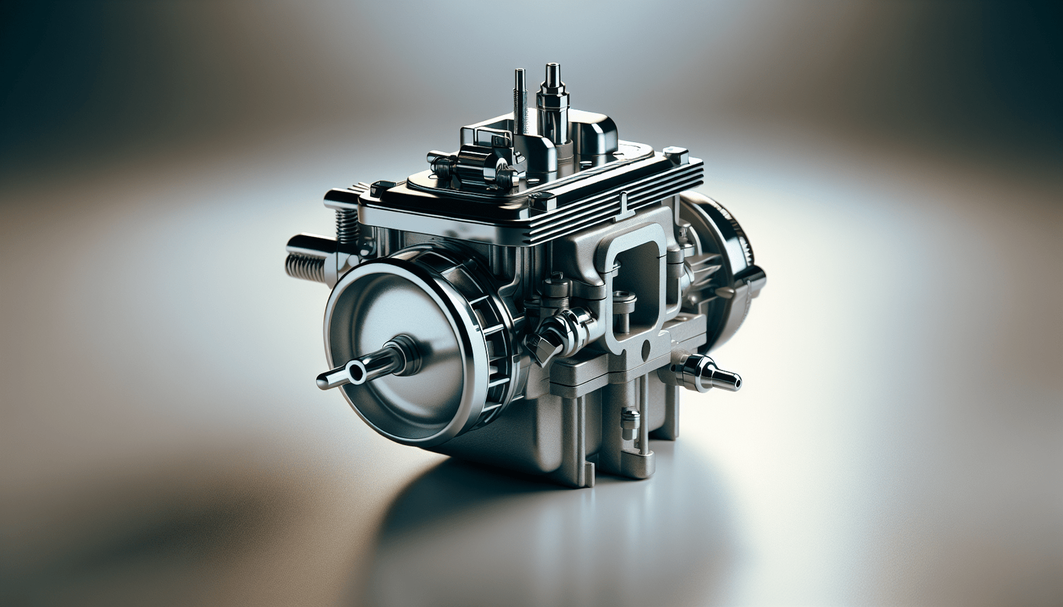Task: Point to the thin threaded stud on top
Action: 520,100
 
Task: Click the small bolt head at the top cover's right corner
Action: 676,157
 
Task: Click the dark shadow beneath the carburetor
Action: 465,505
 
